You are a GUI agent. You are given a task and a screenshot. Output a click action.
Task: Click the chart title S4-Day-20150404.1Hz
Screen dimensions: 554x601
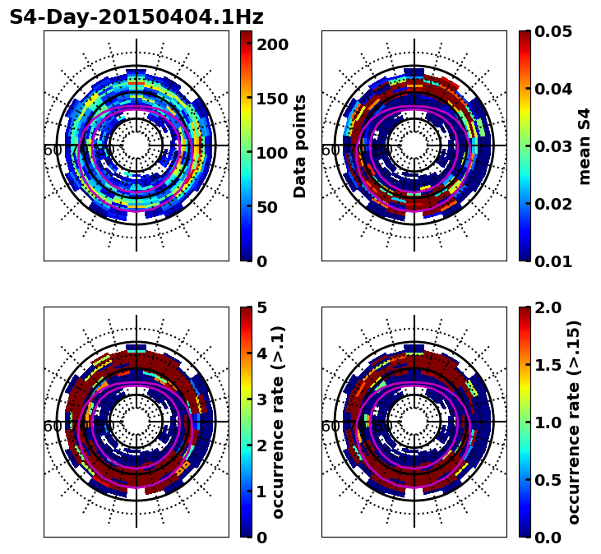136,17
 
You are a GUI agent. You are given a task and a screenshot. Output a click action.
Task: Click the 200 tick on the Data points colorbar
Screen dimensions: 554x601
272,44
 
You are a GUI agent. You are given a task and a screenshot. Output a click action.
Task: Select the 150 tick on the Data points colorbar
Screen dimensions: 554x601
272,99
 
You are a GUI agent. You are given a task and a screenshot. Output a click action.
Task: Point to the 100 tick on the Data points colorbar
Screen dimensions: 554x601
272,153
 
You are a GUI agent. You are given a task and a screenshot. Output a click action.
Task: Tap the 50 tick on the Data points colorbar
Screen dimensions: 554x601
267,207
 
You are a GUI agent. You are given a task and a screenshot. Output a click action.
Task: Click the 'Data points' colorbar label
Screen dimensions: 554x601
300,146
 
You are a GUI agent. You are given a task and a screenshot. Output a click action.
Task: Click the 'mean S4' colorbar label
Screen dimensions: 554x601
585,146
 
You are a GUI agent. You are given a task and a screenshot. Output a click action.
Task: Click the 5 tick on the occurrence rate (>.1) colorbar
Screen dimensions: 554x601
262,307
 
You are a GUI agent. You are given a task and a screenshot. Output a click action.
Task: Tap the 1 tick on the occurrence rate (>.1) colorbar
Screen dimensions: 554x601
262,492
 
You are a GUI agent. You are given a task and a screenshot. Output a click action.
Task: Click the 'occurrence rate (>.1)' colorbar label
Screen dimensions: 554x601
279,422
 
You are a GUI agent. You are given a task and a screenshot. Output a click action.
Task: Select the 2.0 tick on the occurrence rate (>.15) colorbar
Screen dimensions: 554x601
551,307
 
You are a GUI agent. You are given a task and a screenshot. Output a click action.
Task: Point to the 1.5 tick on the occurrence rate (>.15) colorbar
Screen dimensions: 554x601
551,365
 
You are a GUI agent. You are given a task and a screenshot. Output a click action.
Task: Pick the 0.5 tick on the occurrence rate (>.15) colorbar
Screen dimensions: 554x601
551,480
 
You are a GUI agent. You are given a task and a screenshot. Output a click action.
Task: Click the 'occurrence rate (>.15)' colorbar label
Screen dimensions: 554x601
575,422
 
